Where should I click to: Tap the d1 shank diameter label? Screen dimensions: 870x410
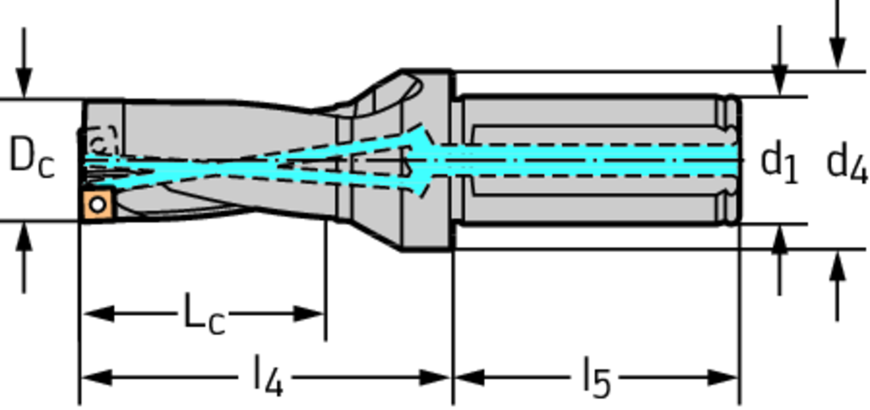tap(780, 164)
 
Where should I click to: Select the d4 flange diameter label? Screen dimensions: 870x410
tap(847, 164)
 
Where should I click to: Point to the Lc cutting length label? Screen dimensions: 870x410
tap(204, 317)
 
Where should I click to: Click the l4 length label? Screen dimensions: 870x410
tap(268, 379)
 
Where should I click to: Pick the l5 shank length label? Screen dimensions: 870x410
tap(596, 379)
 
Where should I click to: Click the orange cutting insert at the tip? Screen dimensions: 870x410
tap(99, 205)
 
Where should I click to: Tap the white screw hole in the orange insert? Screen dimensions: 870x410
tap(99, 205)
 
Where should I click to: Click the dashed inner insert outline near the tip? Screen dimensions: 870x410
tap(101, 142)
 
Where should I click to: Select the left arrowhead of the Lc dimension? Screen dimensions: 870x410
tap(99, 313)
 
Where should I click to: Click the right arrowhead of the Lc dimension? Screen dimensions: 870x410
tap(308, 313)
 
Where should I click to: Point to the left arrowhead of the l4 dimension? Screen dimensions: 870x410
tap(97, 379)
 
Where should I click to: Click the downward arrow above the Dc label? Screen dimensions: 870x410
tap(23, 63)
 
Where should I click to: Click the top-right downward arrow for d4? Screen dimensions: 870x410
tap(837, 34)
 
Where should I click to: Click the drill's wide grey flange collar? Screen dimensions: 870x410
tap(426, 160)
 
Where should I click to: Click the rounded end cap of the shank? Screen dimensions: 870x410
tap(732, 160)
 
